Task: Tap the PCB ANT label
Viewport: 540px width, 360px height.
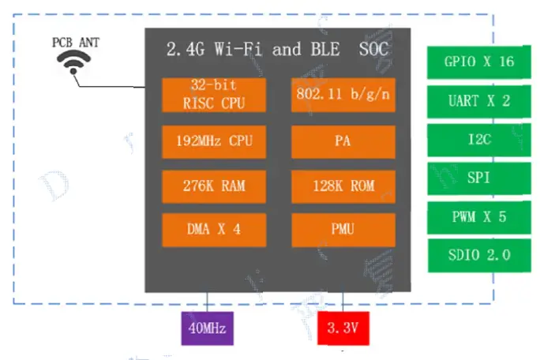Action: [76, 42]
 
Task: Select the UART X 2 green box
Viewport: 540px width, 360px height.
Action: [478, 101]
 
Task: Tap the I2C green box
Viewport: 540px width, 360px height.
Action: [478, 140]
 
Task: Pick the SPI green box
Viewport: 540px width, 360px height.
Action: [478, 178]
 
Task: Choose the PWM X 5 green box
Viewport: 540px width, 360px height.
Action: [478, 217]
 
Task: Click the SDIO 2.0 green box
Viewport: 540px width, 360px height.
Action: [478, 255]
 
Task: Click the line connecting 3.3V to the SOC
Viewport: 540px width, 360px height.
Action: [343, 302]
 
